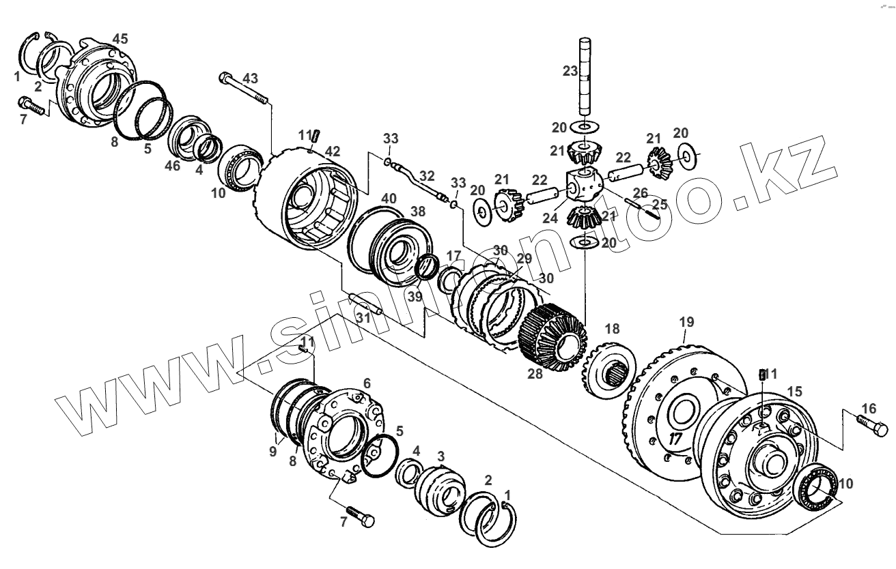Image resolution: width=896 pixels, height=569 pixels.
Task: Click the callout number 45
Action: pos(120,39)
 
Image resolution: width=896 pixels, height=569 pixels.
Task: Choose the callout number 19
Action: pos(686,321)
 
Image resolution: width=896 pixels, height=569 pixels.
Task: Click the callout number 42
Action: pos(332,151)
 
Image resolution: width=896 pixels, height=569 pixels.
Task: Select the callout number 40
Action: pos(389,199)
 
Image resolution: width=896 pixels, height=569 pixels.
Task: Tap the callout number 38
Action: pos(417,211)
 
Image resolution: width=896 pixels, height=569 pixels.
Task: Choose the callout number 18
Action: pos(613,328)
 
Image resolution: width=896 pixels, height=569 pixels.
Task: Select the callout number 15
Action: pos(795,392)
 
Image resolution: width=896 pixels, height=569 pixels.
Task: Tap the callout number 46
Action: pos(173,165)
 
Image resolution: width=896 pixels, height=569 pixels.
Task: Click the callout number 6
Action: pos(367,384)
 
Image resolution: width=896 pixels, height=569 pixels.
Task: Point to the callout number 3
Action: pos(441,455)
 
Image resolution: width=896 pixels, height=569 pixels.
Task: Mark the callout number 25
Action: pos(659,203)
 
